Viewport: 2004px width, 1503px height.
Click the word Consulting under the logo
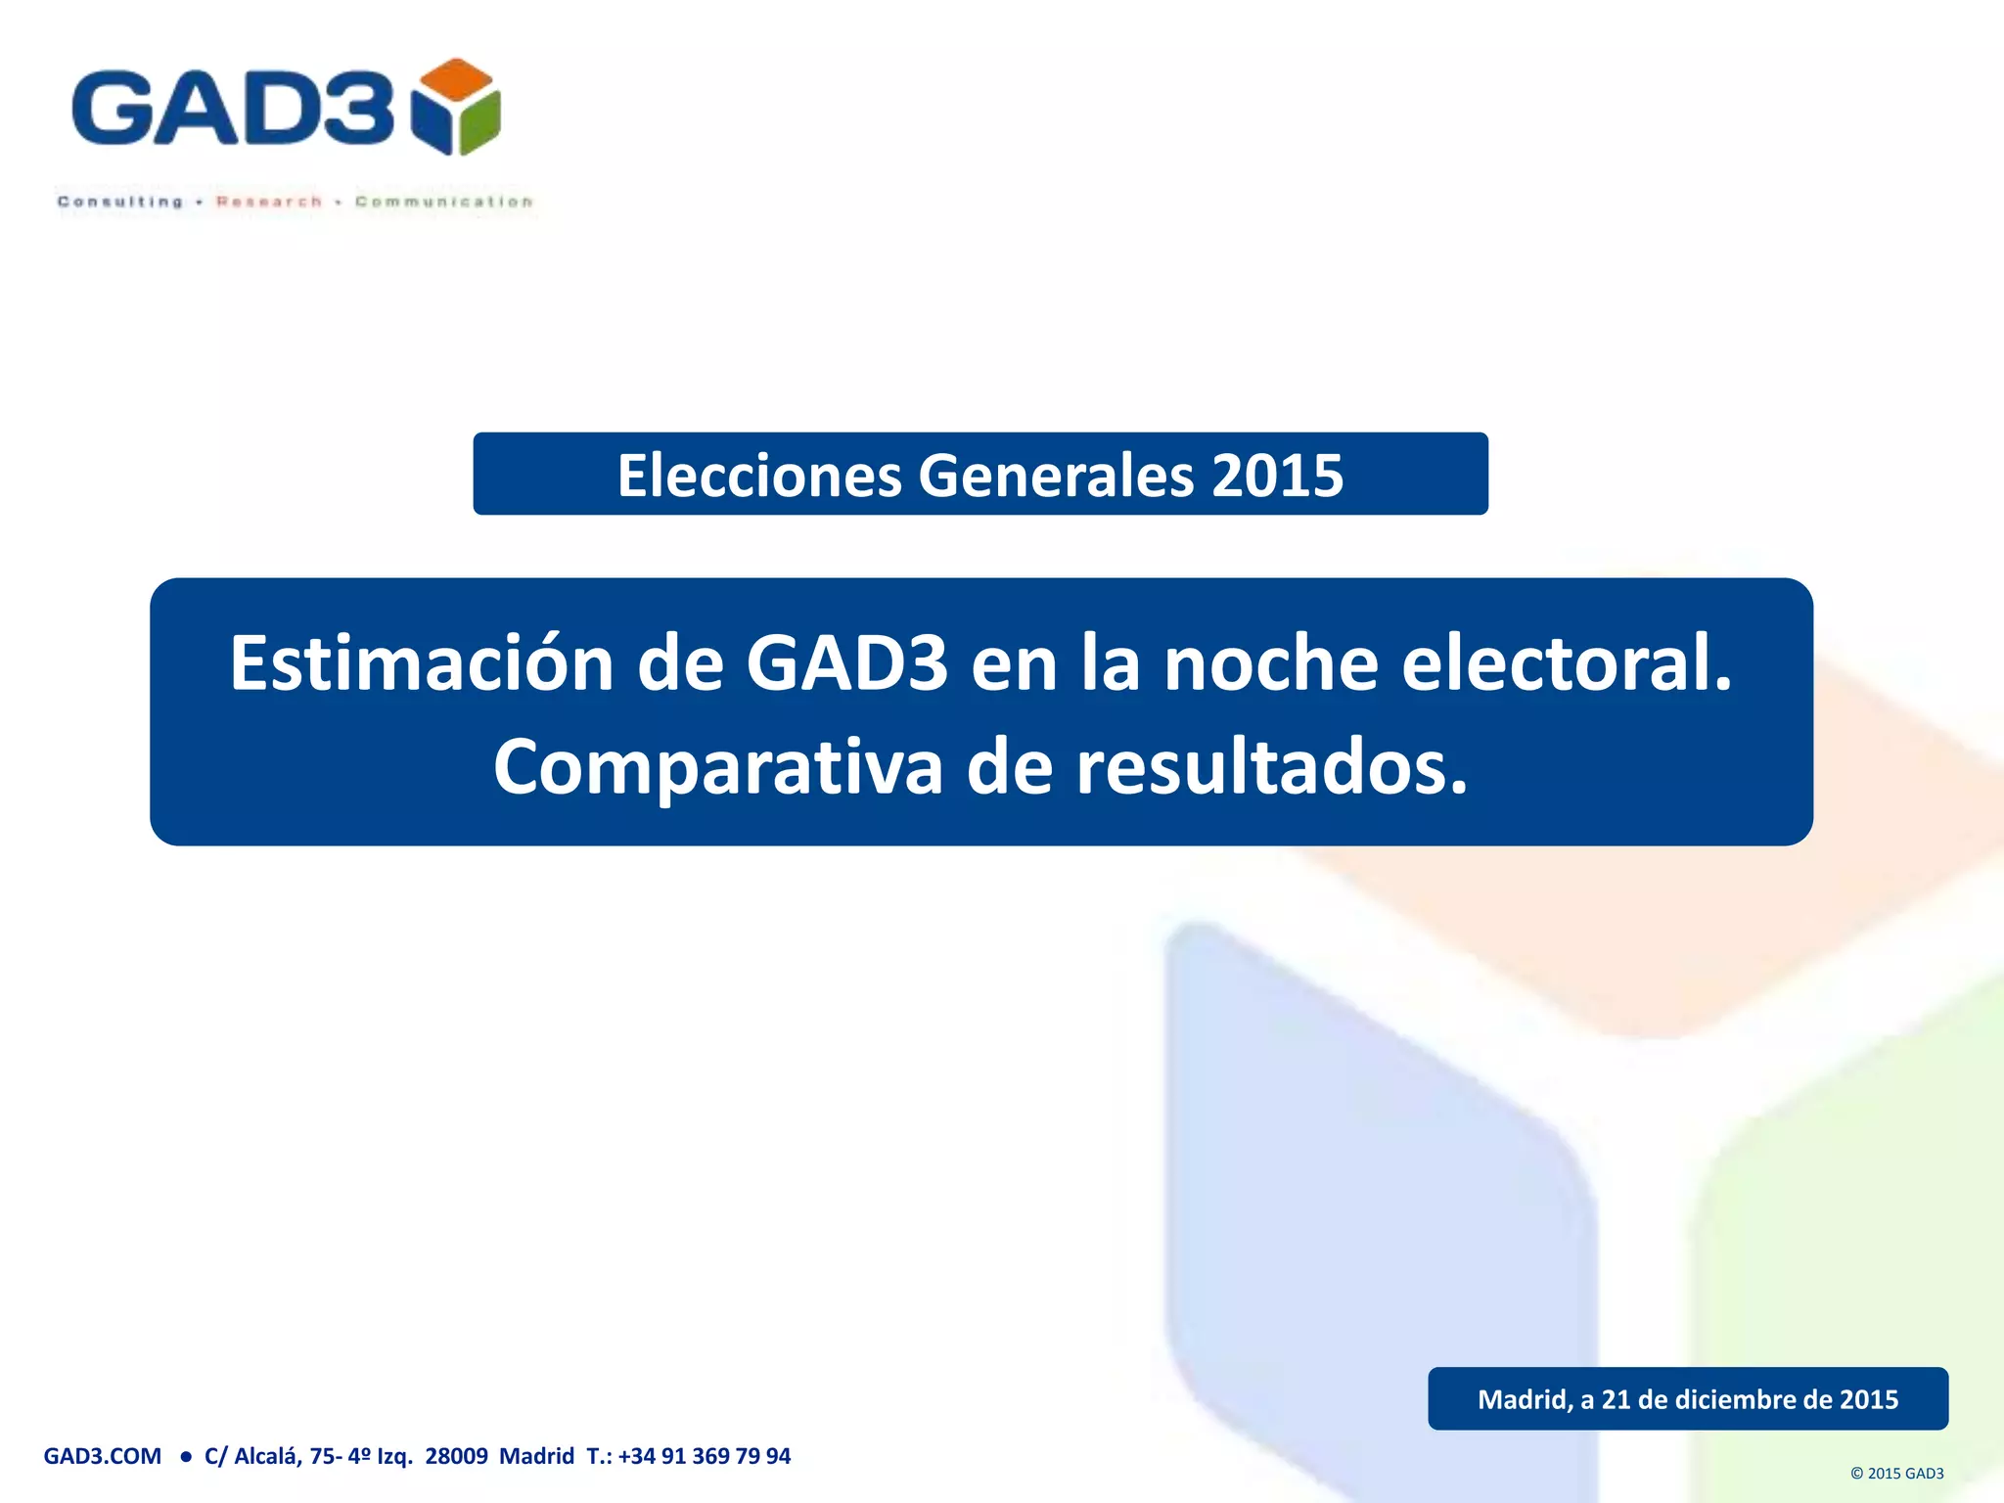pos(120,202)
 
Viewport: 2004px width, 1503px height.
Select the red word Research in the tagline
pos(269,202)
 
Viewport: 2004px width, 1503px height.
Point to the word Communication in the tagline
pos(444,202)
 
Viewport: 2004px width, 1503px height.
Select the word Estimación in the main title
pos(421,663)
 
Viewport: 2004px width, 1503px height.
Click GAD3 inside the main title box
pos(846,663)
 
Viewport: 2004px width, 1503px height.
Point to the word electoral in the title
pos(1566,663)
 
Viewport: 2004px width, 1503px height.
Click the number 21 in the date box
pos(1616,1399)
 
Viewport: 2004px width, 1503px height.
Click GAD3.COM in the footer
pos(103,1456)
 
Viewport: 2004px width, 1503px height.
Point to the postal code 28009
pos(456,1456)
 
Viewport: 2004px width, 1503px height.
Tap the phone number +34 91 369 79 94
pos(704,1456)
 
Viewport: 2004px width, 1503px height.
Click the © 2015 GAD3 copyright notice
pos(1896,1474)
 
